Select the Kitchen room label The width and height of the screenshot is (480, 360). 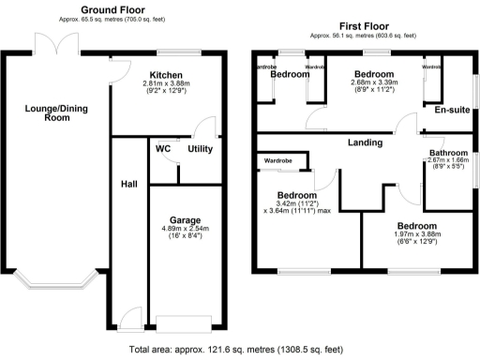165,74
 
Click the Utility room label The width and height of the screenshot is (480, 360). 200,149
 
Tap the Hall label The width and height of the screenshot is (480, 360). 128,184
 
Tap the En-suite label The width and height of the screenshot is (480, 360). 451,110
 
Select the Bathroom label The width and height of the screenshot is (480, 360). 447,152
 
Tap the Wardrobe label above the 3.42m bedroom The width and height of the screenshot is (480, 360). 279,161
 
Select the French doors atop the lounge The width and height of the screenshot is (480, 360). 47,45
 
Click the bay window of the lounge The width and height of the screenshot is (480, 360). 54,280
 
